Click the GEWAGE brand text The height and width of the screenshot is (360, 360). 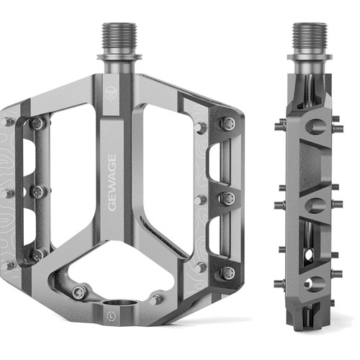[112, 182]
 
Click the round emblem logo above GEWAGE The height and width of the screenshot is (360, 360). [110, 93]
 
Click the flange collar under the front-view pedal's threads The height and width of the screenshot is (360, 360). [119, 57]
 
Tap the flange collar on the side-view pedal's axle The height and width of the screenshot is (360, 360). [310, 57]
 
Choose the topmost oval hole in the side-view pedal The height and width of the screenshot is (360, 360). [316, 126]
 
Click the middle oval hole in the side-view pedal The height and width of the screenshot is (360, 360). [315, 205]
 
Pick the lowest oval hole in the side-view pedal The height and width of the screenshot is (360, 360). [315, 284]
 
